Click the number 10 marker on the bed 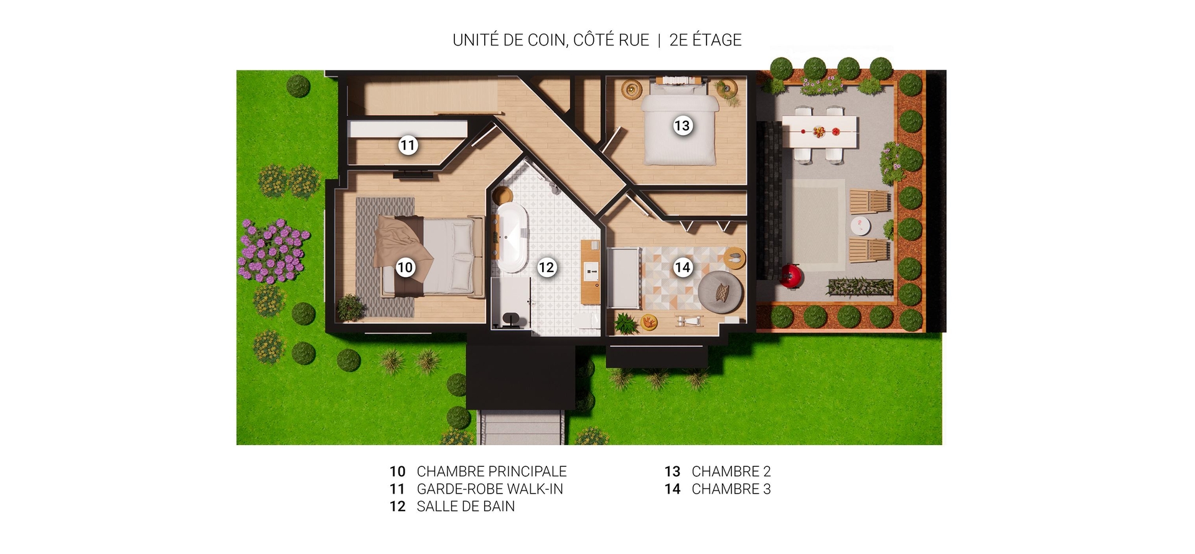(x=405, y=268)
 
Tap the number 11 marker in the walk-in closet (x=408, y=146)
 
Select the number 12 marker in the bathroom (x=546, y=268)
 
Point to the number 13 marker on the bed (x=682, y=126)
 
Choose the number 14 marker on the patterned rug (x=683, y=268)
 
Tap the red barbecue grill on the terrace (x=791, y=275)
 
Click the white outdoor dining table (x=820, y=132)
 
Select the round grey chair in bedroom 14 (x=721, y=291)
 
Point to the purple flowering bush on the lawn (x=274, y=251)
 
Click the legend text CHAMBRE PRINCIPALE (x=492, y=472)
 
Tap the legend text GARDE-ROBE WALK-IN (x=490, y=489)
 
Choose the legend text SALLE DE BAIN (x=466, y=507)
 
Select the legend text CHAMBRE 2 (x=731, y=472)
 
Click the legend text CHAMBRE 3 (x=731, y=489)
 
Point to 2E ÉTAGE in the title (x=705, y=40)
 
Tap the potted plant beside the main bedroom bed (x=350, y=308)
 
